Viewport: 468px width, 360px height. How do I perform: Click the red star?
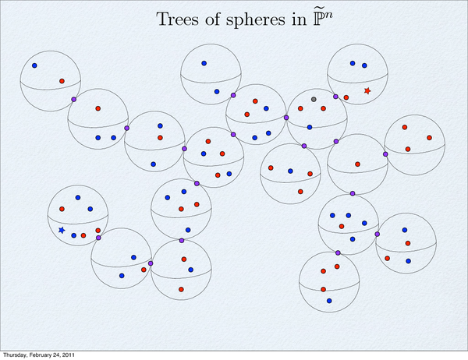click(x=367, y=90)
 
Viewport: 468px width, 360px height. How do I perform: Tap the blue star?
click(x=62, y=230)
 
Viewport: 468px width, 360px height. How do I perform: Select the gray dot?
click(x=314, y=99)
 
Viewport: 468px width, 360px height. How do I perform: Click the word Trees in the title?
click(x=178, y=19)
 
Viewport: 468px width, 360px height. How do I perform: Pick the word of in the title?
click(x=212, y=19)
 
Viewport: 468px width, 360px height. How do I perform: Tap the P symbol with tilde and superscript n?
click(x=323, y=18)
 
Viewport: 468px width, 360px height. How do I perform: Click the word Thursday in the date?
click(x=14, y=355)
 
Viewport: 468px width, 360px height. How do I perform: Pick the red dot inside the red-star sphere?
click(x=346, y=97)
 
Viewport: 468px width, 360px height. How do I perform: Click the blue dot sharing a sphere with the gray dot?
click(x=310, y=127)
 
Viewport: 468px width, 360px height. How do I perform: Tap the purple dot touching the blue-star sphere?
click(x=98, y=238)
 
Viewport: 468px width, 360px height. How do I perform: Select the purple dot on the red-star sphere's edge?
click(x=335, y=97)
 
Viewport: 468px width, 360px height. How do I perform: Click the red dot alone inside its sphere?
click(x=357, y=164)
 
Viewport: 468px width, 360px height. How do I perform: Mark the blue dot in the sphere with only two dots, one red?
click(x=34, y=65)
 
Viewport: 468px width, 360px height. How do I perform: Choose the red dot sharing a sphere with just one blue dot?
click(x=62, y=81)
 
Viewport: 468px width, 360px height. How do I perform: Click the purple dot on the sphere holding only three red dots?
click(x=385, y=154)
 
